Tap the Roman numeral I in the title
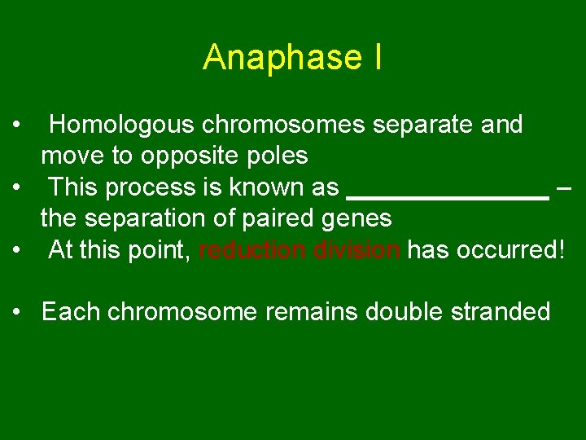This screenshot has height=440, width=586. (376, 58)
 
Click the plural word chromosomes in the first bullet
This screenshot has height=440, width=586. (284, 125)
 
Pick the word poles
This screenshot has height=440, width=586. (279, 156)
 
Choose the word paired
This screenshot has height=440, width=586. (284, 218)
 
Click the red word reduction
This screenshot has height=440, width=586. (253, 250)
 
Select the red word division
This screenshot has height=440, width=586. (357, 250)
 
